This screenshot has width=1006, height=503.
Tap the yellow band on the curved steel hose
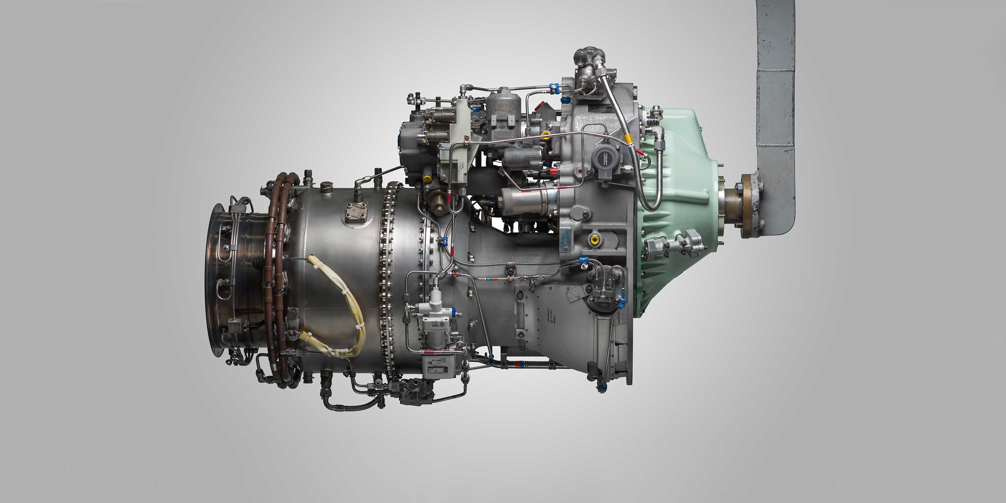click(x=628, y=138)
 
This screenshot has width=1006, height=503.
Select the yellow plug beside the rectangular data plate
click(x=594, y=239)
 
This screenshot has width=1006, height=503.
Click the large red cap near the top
click(x=540, y=105)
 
